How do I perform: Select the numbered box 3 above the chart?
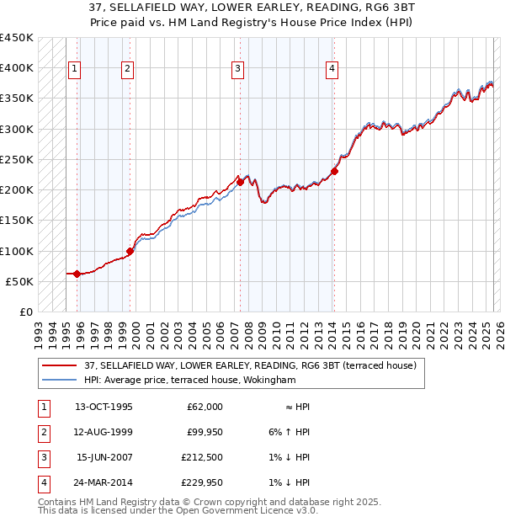tap(238, 69)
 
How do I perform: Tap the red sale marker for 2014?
tap(334, 171)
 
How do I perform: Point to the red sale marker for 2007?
tap(240, 181)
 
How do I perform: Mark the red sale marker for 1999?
tap(130, 250)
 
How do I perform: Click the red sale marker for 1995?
tap(77, 273)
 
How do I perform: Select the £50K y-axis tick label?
tap(19, 281)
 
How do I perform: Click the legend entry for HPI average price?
tap(189, 380)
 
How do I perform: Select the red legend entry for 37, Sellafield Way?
tap(250, 365)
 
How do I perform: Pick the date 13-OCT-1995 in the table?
tap(104, 407)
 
